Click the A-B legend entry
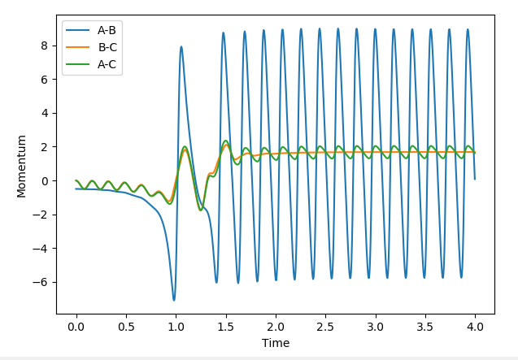tap(106, 31)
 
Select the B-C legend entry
tap(106, 47)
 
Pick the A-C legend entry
tap(106, 63)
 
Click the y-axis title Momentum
tap(22, 166)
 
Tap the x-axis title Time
tap(276, 343)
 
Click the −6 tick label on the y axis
tap(44, 282)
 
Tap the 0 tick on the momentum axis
tap(47, 180)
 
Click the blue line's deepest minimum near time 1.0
tap(173, 300)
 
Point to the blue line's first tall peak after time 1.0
tap(181, 46)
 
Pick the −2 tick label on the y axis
tap(44, 215)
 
